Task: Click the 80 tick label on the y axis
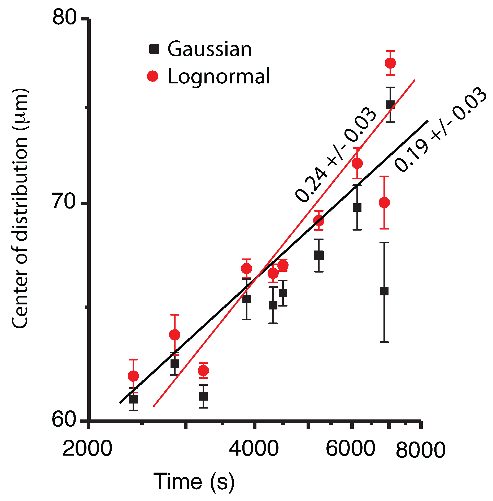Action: click(x=64, y=18)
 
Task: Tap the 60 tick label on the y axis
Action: click(x=64, y=420)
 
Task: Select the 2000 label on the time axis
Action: click(x=87, y=449)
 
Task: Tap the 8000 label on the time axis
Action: click(x=421, y=450)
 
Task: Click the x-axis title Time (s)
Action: click(x=194, y=481)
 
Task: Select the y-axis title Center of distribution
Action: click(x=20, y=209)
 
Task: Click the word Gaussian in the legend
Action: click(x=210, y=49)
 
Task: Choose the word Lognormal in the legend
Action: click(x=219, y=77)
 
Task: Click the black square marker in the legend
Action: click(x=154, y=49)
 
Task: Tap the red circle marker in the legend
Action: click(x=153, y=76)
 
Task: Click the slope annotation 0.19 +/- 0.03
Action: click(x=440, y=130)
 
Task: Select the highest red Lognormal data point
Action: click(x=390, y=63)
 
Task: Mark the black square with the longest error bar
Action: click(x=384, y=291)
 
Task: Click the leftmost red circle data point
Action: click(x=133, y=376)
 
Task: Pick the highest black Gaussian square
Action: click(x=390, y=104)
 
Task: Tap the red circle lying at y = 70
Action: click(x=384, y=203)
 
